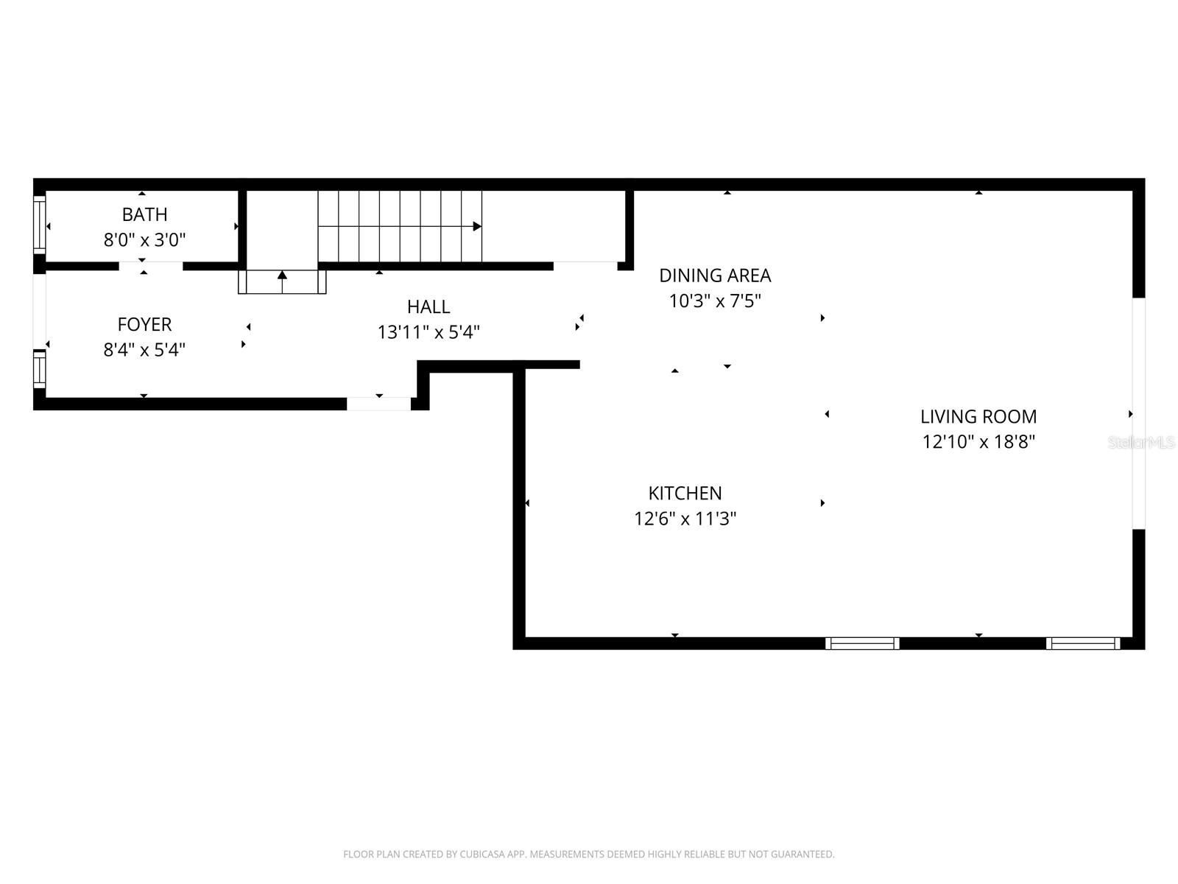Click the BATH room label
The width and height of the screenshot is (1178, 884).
144,214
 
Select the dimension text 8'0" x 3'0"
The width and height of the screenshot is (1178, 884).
144,239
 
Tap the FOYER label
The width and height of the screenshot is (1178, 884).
144,324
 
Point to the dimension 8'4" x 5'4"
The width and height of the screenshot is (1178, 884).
144,349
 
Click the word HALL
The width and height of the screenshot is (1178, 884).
428,306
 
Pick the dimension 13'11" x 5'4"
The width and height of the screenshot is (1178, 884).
428,332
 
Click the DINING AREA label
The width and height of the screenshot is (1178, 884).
715,276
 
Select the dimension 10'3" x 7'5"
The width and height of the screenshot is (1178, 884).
715,301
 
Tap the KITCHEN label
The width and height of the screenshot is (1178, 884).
685,493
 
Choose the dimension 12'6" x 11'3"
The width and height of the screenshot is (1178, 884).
685,519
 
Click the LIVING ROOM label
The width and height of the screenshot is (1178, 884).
978,416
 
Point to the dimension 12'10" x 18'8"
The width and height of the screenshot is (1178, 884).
978,442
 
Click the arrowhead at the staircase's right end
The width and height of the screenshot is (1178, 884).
477,226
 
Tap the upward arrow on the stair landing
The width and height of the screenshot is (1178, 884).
282,276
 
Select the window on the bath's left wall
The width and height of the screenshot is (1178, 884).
40,224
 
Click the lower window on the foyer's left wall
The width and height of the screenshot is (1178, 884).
40,368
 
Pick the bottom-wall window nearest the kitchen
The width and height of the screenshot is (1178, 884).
862,643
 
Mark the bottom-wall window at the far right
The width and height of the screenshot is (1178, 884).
1083,643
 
